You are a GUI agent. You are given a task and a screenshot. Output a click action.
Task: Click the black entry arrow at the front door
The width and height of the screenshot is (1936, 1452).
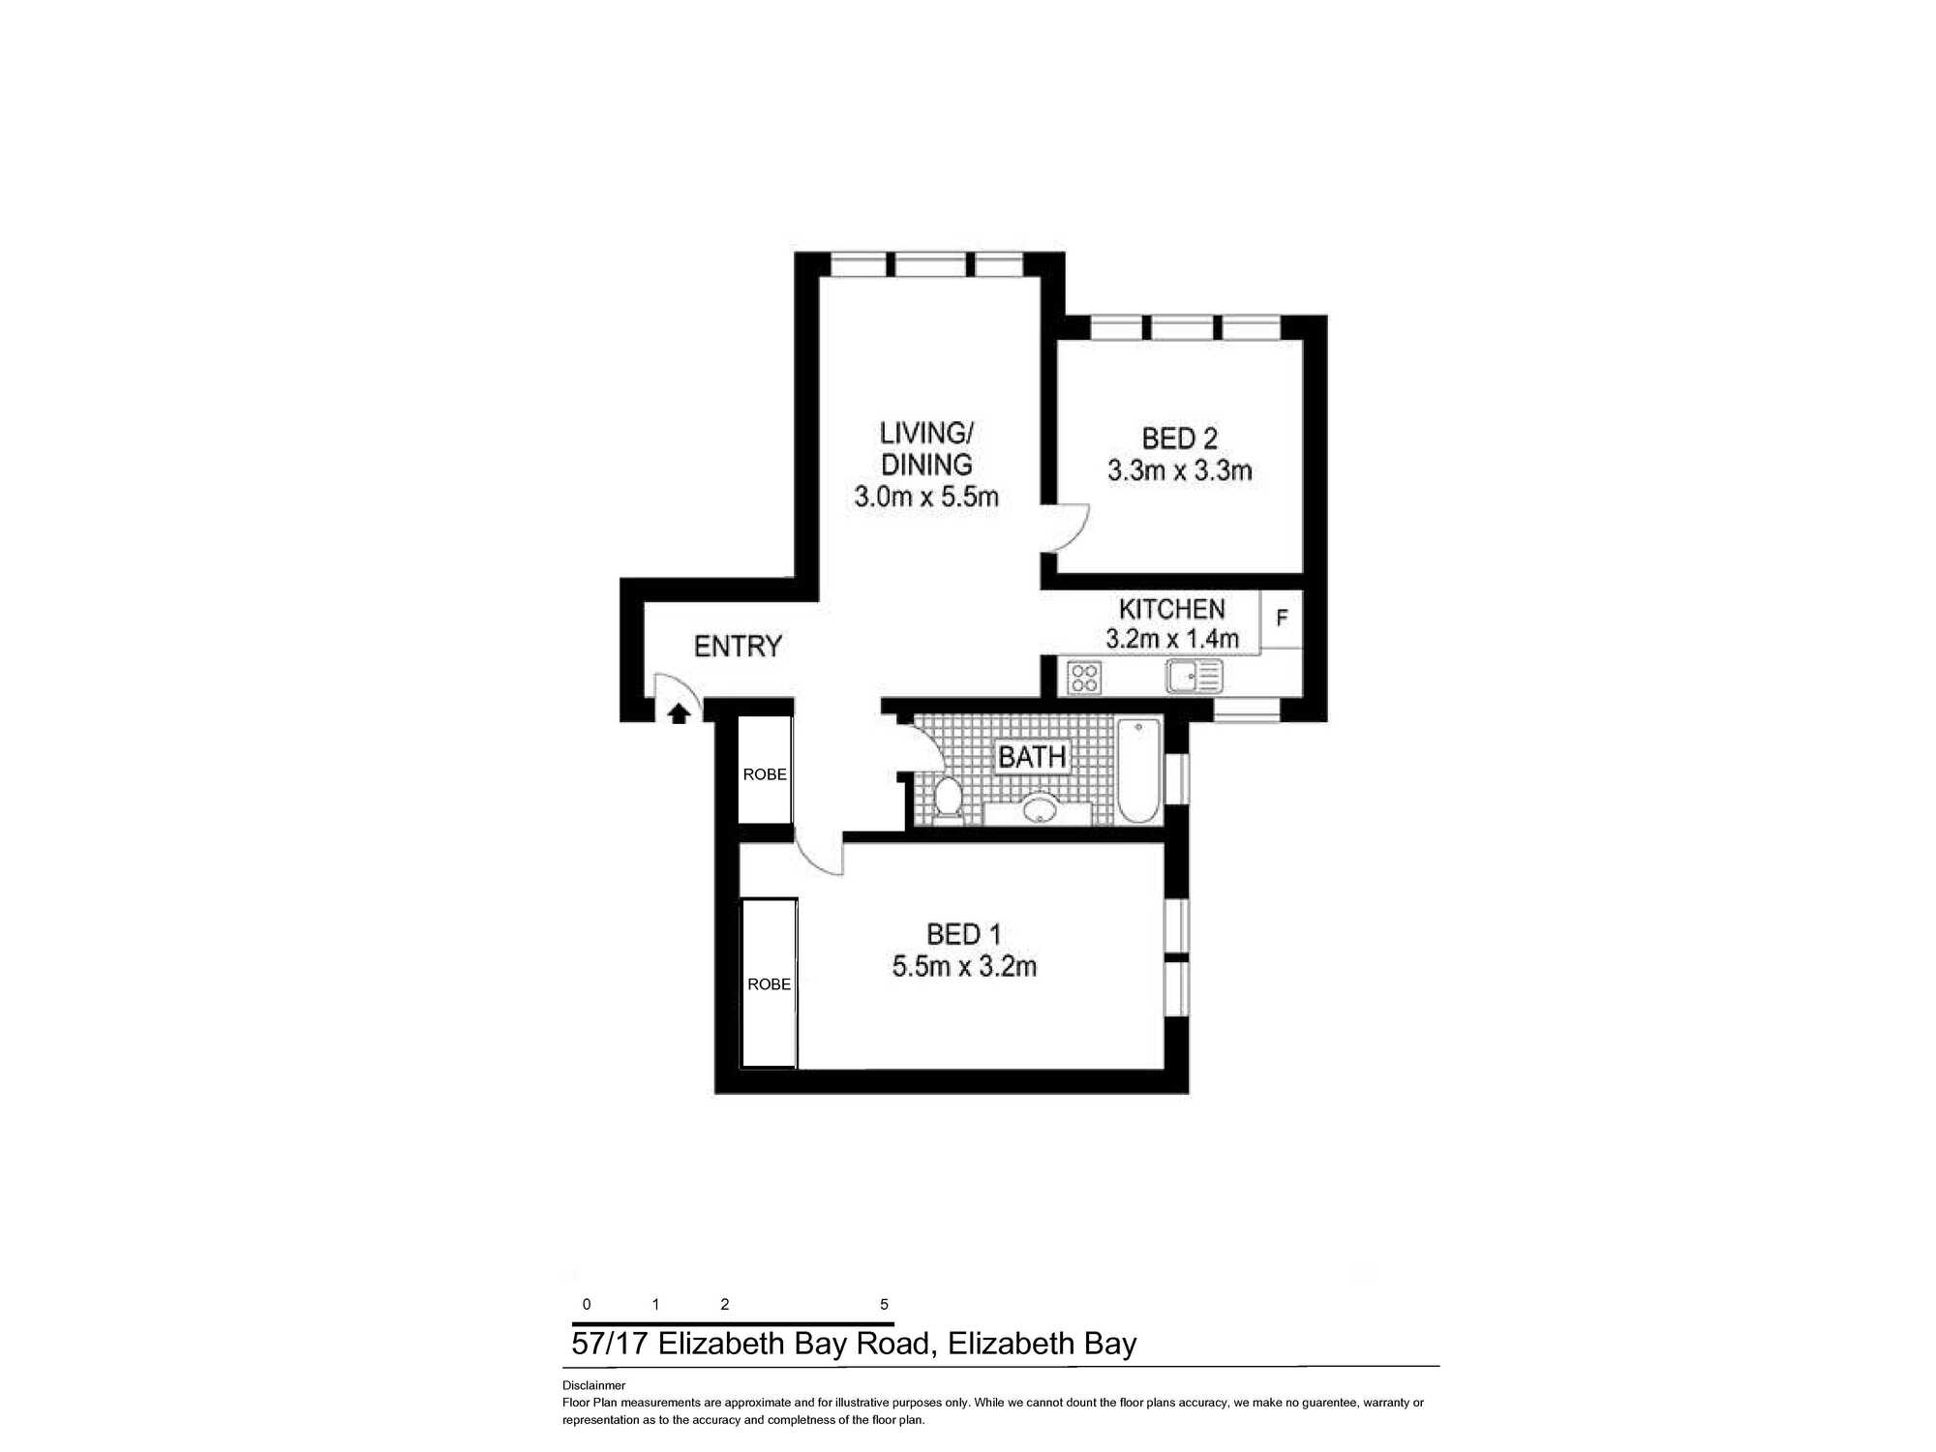click(x=679, y=713)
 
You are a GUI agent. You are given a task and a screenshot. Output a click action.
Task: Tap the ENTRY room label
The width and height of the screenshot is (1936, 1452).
click(x=738, y=646)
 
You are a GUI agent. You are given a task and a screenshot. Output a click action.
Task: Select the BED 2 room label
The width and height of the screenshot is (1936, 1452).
click(x=1179, y=439)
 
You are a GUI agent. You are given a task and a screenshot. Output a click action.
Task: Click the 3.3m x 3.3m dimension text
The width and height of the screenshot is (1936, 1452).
click(x=1179, y=470)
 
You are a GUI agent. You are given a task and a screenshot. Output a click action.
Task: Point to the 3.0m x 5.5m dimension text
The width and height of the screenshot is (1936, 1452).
click(x=925, y=497)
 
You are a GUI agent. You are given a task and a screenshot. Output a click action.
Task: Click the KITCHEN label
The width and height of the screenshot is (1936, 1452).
click(x=1171, y=609)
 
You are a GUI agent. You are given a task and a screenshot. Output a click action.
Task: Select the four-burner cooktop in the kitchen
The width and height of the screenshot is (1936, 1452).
click(x=1084, y=677)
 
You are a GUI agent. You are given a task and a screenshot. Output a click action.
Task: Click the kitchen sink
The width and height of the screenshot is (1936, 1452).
click(x=1195, y=677)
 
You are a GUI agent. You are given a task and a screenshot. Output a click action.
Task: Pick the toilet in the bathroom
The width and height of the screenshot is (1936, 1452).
click(x=948, y=798)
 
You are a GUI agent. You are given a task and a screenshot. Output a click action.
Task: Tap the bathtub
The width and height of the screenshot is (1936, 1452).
click(x=1139, y=771)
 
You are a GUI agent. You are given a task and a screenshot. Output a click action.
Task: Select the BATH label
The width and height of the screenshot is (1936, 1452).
click(x=1032, y=757)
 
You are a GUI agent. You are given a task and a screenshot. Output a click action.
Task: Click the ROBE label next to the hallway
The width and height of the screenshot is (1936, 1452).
click(x=765, y=774)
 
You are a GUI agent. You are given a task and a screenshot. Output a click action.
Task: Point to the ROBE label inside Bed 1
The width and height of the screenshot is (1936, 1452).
click(x=769, y=984)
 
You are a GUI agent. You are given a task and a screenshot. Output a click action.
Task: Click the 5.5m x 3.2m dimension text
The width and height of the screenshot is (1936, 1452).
click(x=964, y=966)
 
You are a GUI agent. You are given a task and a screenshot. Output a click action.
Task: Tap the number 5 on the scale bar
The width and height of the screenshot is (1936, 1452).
click(x=884, y=1305)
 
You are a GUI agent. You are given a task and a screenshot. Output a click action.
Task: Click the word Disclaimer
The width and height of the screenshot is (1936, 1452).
click(x=593, y=1385)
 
